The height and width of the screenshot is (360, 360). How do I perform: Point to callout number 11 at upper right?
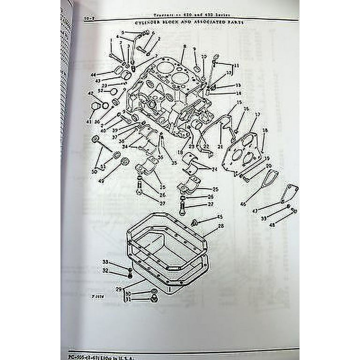(x=236, y=65)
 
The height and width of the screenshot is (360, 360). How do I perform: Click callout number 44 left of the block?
(x=93, y=75)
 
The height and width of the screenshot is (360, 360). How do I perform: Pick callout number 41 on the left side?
(x=89, y=122)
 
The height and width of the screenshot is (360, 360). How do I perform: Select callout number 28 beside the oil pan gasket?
(x=220, y=226)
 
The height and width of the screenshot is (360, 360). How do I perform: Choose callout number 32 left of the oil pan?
(x=105, y=270)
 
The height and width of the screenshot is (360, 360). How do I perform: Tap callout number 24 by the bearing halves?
(x=214, y=169)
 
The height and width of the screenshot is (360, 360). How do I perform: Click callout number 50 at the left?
(x=94, y=172)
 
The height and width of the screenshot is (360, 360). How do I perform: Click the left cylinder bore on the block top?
(x=164, y=67)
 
